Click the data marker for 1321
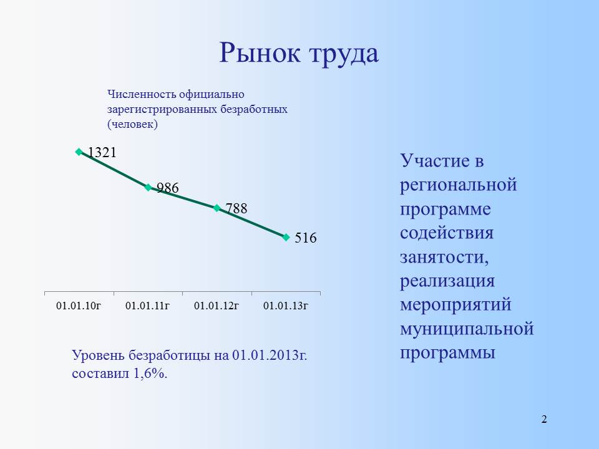tap(79, 152)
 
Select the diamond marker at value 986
tap(149, 187)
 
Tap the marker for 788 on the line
tap(217, 208)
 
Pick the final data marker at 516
tap(286, 237)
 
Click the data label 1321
tap(102, 152)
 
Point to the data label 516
tap(306, 238)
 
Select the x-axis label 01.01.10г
tap(79, 306)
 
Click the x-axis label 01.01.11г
tap(148, 306)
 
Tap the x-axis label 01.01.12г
tap(217, 306)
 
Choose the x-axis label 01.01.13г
tap(286, 306)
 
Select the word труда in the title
tap(344, 54)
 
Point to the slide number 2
tap(544, 419)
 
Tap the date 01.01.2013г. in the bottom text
tap(270, 355)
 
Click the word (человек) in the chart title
tap(132, 124)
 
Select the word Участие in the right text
tap(435, 160)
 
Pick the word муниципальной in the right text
tap(467, 329)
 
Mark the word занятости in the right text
tap(444, 257)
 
